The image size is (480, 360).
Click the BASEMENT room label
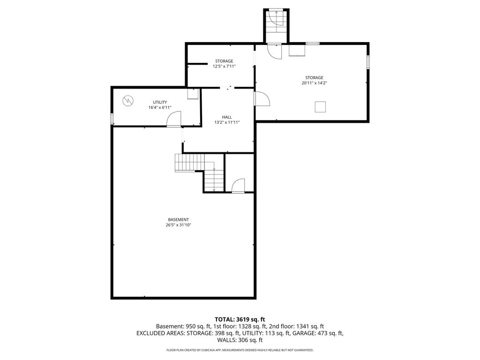pyautogui.click(x=178, y=219)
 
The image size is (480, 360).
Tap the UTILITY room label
pyautogui.click(x=160, y=102)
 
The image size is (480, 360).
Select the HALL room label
pyautogui.click(x=227, y=117)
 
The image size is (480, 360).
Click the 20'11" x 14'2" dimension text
pyautogui.click(x=314, y=83)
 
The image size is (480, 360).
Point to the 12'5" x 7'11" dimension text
pyautogui.click(x=224, y=66)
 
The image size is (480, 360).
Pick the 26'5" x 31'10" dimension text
pyautogui.click(x=178, y=225)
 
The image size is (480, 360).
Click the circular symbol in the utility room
pyautogui.click(x=127, y=101)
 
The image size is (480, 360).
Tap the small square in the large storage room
pyautogui.click(x=320, y=107)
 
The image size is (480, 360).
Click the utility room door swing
pyautogui.click(x=174, y=119)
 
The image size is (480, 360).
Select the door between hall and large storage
pyautogui.click(x=262, y=98)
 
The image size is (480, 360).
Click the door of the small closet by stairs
pyautogui.click(x=238, y=186)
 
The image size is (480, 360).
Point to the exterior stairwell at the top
pyautogui.click(x=277, y=26)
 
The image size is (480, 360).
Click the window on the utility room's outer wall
pyautogui.click(x=112, y=119)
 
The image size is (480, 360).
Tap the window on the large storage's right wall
pyautogui.click(x=368, y=61)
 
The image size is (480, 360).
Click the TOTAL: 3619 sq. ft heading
pyautogui.click(x=240, y=320)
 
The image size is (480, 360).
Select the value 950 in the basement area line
pyautogui.click(x=190, y=327)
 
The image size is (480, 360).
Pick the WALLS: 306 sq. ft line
pyautogui.click(x=240, y=340)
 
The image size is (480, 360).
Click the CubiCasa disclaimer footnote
pyautogui.click(x=240, y=350)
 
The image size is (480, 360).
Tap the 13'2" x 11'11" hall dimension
pyautogui.click(x=227, y=122)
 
